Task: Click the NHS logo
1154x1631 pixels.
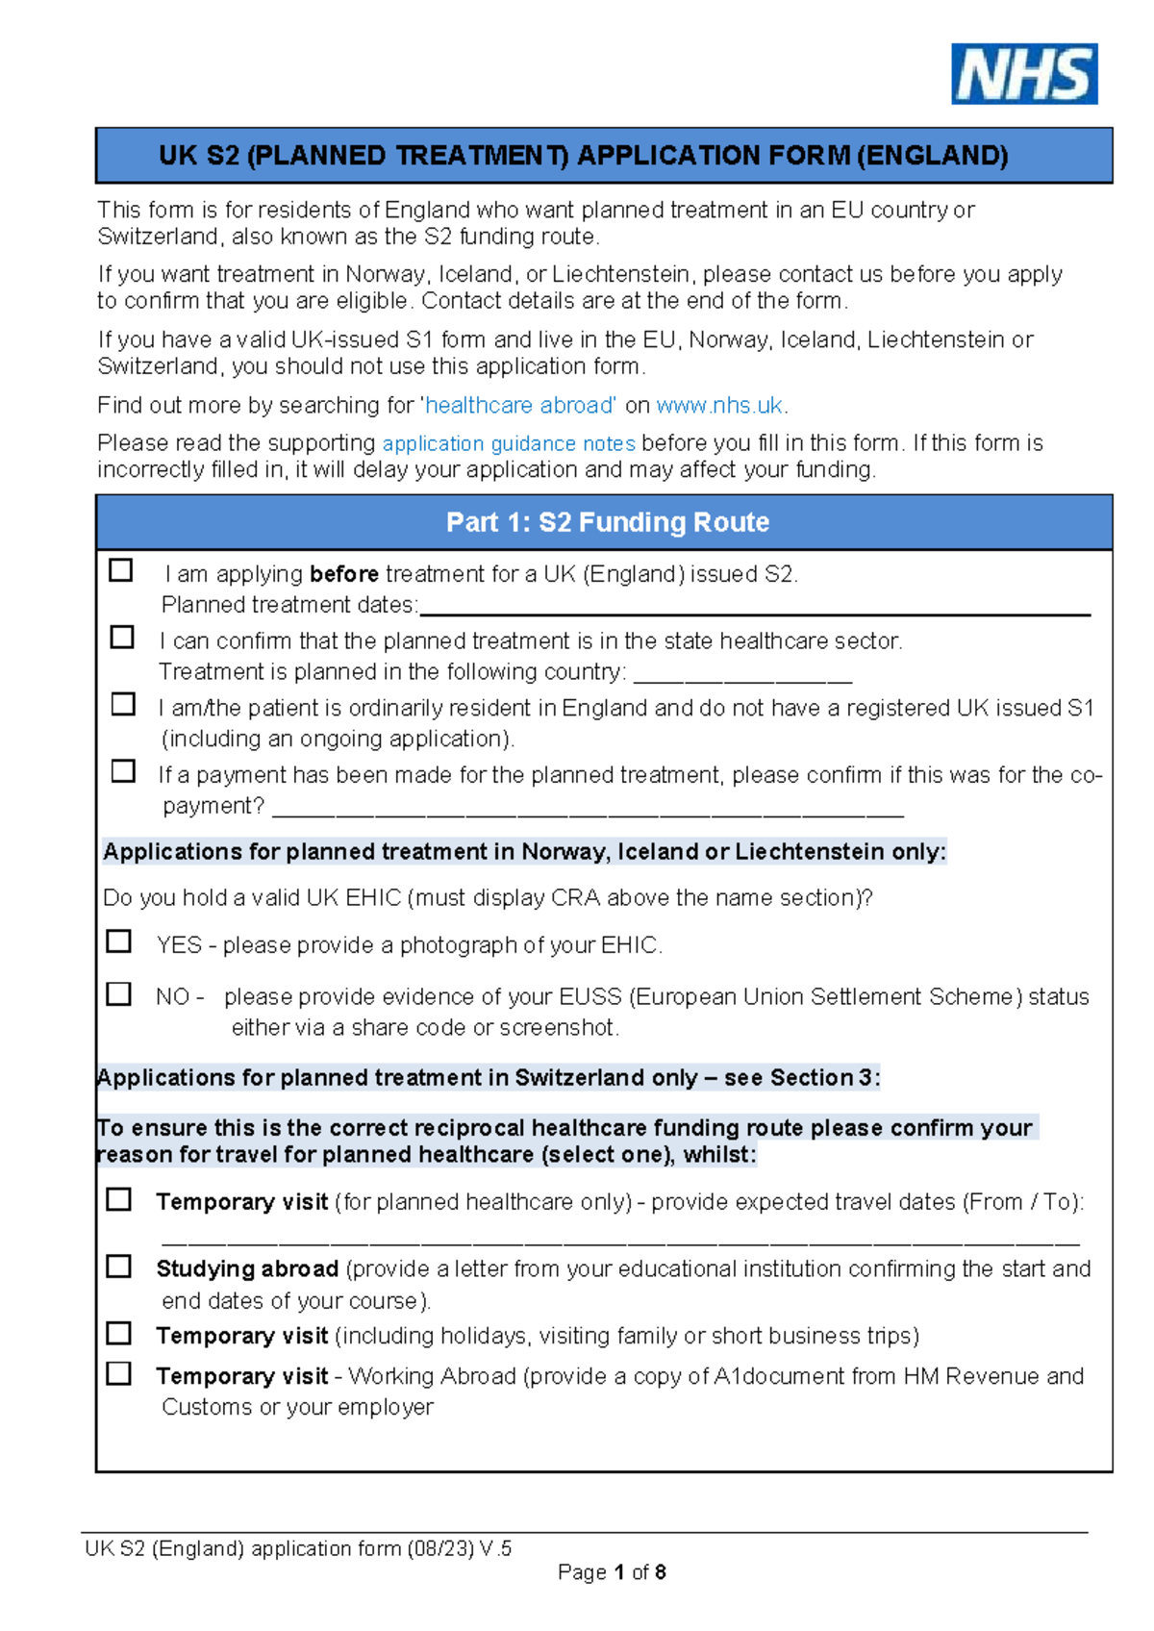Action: pos(1024,74)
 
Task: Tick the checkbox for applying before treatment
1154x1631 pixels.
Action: pos(121,570)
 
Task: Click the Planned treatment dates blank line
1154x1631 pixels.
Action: pos(755,608)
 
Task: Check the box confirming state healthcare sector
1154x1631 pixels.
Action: pos(122,638)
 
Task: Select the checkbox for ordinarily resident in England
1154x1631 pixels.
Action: pos(123,704)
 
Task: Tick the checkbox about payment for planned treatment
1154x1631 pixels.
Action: pos(123,771)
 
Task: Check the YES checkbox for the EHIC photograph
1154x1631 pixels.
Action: pos(119,941)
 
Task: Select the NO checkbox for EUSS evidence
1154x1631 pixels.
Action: pos(119,993)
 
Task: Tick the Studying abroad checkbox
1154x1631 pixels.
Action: pos(119,1267)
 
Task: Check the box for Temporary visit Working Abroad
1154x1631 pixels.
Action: pos(119,1373)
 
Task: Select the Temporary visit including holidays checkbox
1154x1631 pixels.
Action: pos(119,1333)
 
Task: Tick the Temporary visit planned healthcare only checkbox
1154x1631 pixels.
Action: pos(119,1199)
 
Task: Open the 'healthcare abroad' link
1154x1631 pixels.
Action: pos(520,406)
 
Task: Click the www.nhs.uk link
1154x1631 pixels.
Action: pos(719,406)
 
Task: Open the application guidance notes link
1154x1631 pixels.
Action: pos(509,444)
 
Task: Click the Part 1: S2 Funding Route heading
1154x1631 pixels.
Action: pos(607,522)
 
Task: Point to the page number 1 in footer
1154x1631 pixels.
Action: pos(619,1572)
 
